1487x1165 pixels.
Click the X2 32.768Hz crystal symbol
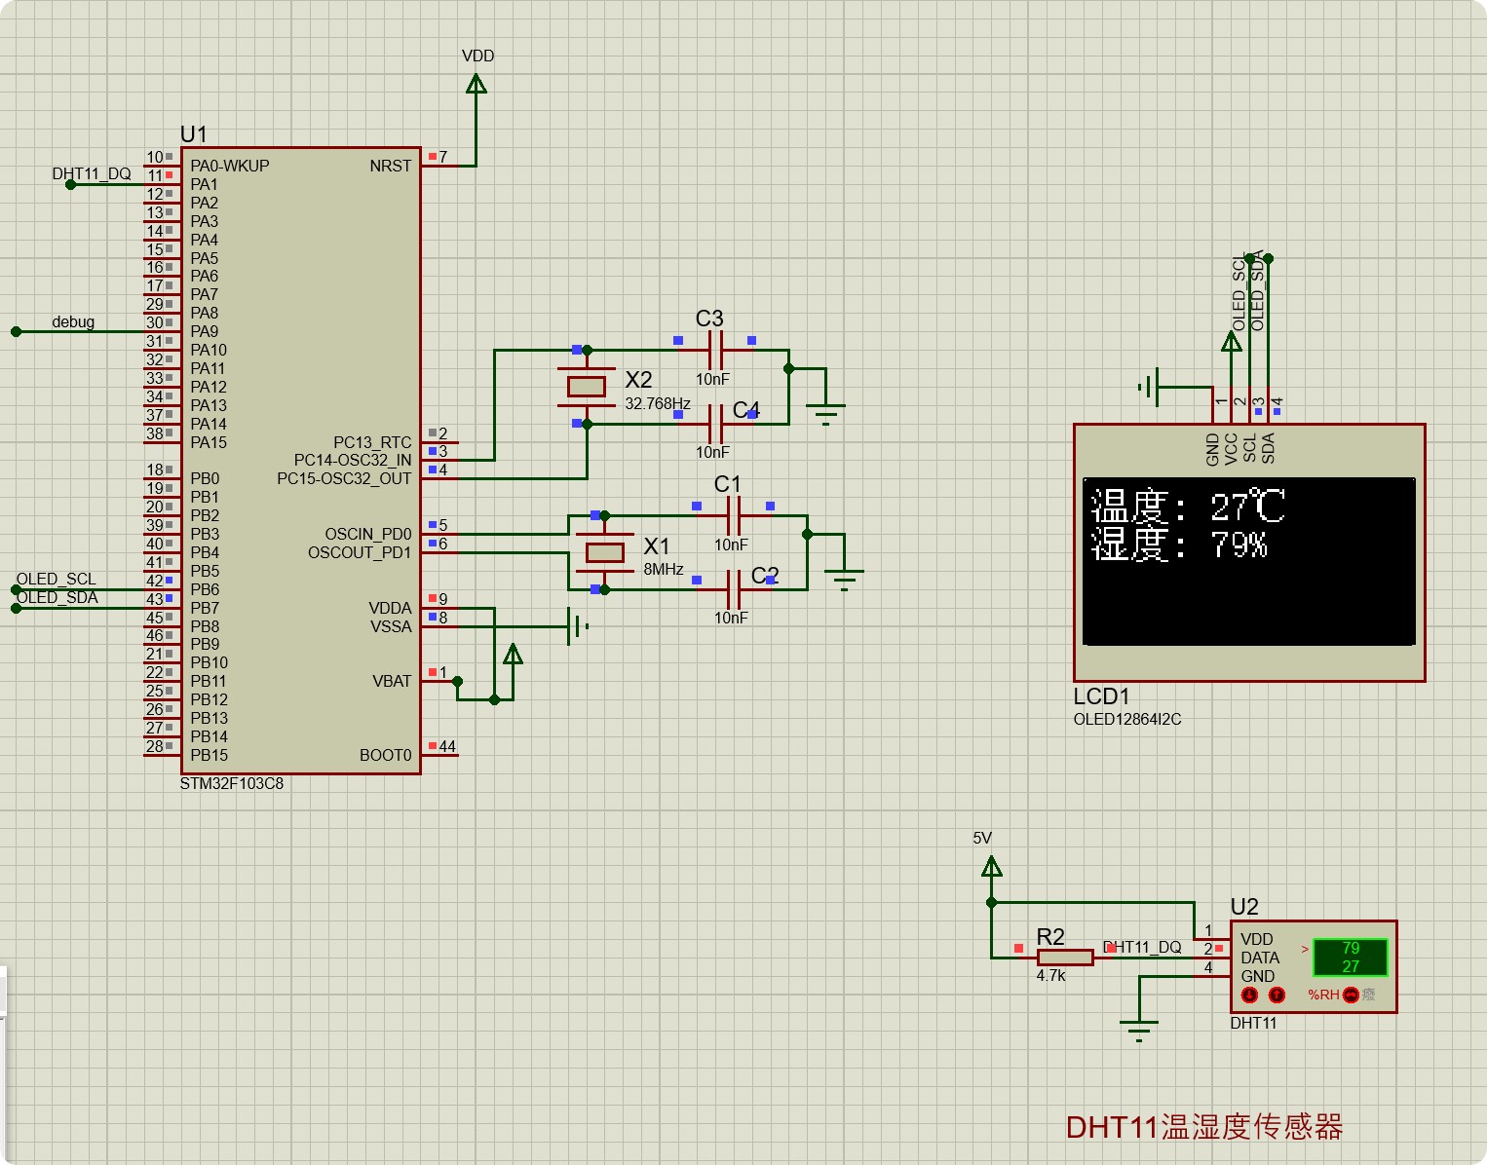(x=587, y=387)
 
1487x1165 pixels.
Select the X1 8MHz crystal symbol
(x=604, y=552)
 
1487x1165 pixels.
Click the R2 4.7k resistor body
(x=1064, y=958)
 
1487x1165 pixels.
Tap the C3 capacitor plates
(x=715, y=350)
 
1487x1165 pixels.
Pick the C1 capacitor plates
(x=734, y=515)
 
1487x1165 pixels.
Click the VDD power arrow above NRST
(x=477, y=84)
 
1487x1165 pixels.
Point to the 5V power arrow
(x=991, y=866)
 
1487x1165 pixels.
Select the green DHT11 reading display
(x=1350, y=957)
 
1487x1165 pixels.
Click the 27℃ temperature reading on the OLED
(x=1247, y=507)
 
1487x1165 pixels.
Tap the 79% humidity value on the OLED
(x=1239, y=545)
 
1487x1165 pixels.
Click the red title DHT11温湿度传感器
(x=1204, y=1127)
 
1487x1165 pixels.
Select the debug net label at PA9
(x=73, y=321)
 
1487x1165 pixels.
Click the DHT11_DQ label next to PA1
(x=92, y=174)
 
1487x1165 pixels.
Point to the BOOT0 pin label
(x=385, y=755)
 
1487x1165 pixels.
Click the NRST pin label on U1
(x=390, y=167)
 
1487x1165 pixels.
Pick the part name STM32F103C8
(x=232, y=783)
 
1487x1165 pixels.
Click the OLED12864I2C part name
(x=1127, y=719)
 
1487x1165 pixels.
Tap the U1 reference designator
(x=193, y=134)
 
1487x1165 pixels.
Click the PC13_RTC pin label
(x=372, y=442)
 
